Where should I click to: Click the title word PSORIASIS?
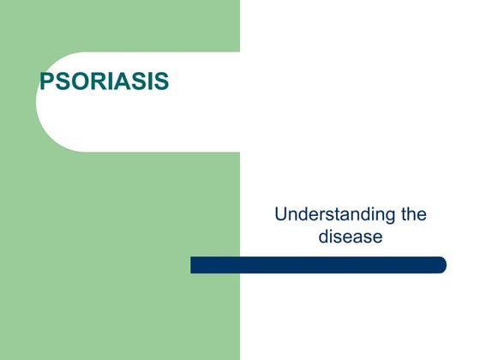(105, 82)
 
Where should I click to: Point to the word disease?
(350, 236)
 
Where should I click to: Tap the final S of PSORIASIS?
(161, 82)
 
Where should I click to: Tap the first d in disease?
(324, 236)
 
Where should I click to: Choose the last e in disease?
(376, 237)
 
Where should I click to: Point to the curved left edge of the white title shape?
(39, 102)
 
